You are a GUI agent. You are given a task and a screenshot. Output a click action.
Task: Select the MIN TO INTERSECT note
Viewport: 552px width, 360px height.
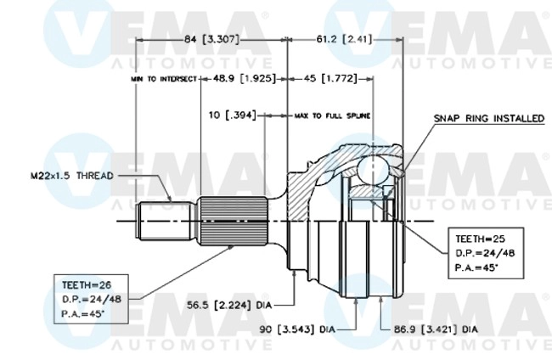164,78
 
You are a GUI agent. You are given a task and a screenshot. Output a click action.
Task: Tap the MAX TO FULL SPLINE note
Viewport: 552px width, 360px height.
332,114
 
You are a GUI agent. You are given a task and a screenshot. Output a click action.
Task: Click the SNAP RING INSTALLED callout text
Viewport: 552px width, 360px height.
488,119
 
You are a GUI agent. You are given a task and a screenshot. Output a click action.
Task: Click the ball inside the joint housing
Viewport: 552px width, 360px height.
370,169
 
